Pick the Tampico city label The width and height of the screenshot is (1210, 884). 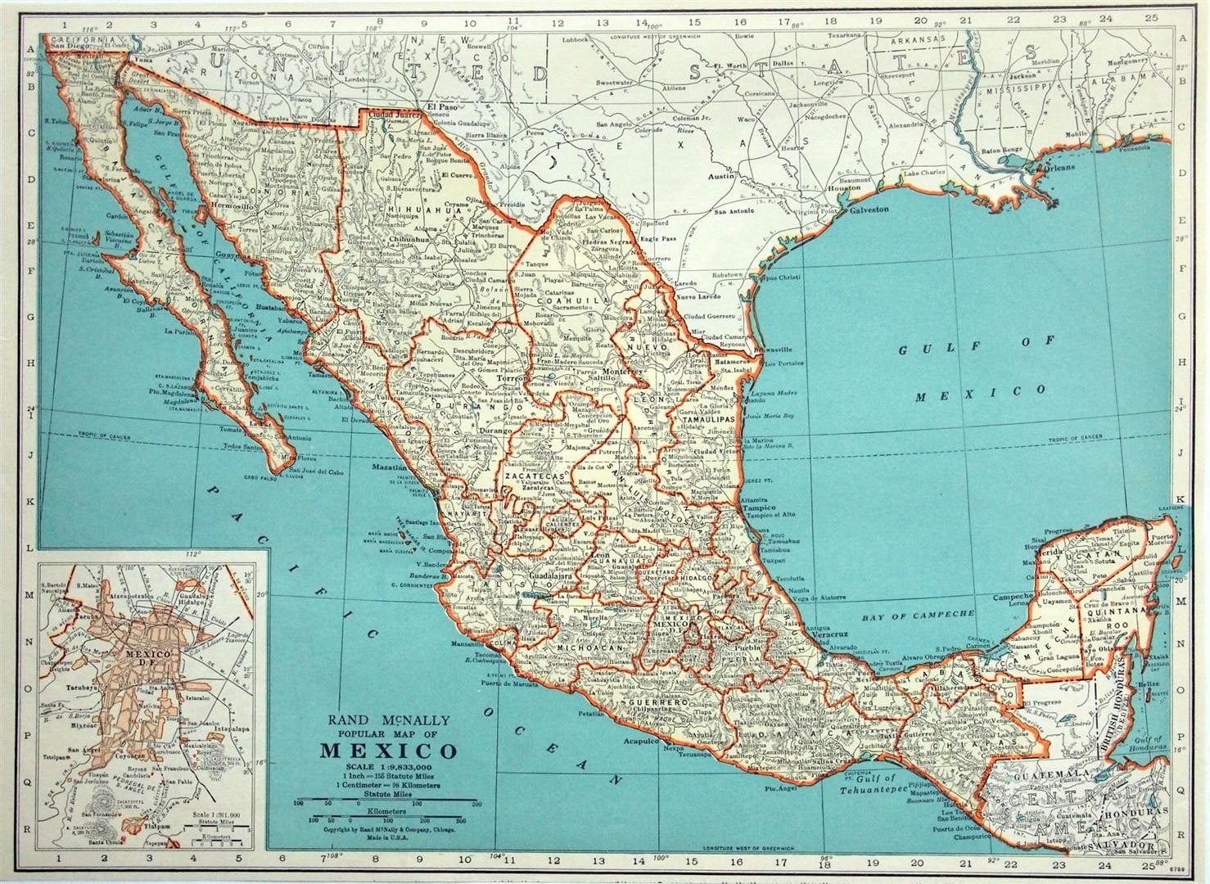(x=758, y=507)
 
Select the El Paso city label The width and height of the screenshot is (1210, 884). (x=443, y=107)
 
